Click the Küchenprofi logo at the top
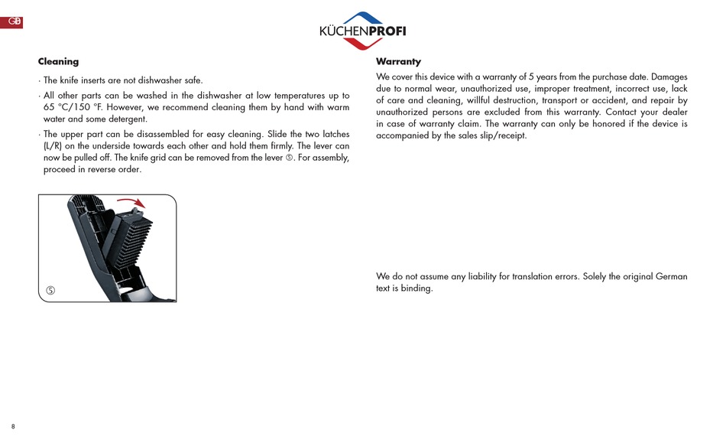362,30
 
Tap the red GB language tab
11,22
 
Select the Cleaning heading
58,62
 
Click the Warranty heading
398,62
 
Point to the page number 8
13,426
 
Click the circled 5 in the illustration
50,290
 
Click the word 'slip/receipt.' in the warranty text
501,135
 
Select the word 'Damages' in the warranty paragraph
669,77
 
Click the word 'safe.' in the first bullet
191,80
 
